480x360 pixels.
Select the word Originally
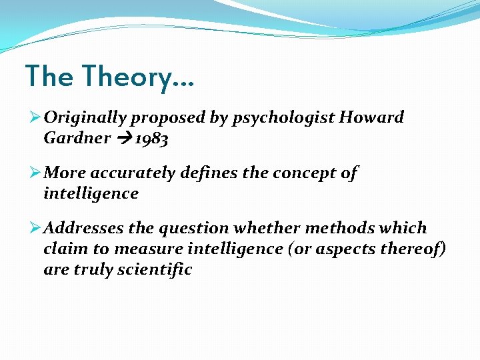point(85,118)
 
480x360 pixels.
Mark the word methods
point(340,229)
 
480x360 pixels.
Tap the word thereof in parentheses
point(413,249)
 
